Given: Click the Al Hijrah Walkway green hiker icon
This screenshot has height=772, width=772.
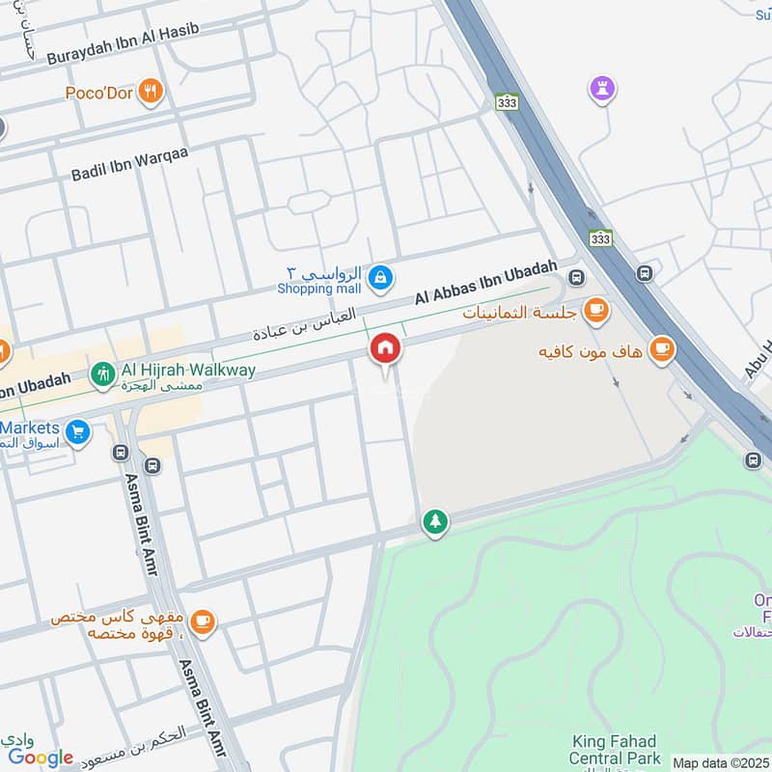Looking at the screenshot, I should click(101, 373).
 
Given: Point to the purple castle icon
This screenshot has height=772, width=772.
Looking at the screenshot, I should click(603, 90).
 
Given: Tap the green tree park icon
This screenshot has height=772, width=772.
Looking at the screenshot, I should click(435, 522).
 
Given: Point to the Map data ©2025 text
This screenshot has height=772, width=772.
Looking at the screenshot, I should click(721, 762).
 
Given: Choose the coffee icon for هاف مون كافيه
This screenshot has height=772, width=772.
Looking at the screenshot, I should click(661, 348).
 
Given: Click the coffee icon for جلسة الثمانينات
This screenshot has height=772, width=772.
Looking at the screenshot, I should click(597, 309).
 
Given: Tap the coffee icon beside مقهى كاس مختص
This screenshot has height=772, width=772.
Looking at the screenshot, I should click(202, 621).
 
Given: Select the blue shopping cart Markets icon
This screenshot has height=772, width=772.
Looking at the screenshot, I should click(78, 431).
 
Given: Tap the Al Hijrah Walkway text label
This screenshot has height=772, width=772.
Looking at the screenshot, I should click(188, 371).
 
